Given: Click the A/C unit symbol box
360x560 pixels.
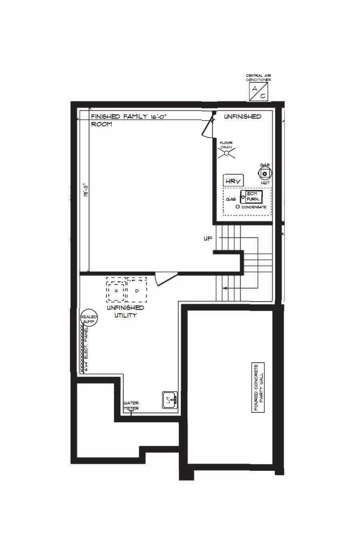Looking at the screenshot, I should click(258, 92).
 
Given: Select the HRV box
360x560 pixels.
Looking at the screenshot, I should click(233, 181).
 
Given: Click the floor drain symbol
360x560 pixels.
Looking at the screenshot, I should click(226, 152).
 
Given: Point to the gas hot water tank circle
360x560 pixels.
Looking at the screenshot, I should click(265, 174).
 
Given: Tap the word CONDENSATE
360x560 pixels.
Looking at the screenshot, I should click(254, 207).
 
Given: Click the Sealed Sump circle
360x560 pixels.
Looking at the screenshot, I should click(89, 319).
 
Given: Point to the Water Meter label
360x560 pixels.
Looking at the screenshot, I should click(131, 406).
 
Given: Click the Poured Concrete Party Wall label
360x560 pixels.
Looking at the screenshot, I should click(259, 388).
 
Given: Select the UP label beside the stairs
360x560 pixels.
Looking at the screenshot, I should click(208, 239).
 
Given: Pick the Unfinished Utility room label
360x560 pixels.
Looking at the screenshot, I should click(126, 312).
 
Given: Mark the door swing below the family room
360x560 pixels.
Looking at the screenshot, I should click(164, 279).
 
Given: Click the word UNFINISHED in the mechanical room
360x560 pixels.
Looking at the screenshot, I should click(242, 116).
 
